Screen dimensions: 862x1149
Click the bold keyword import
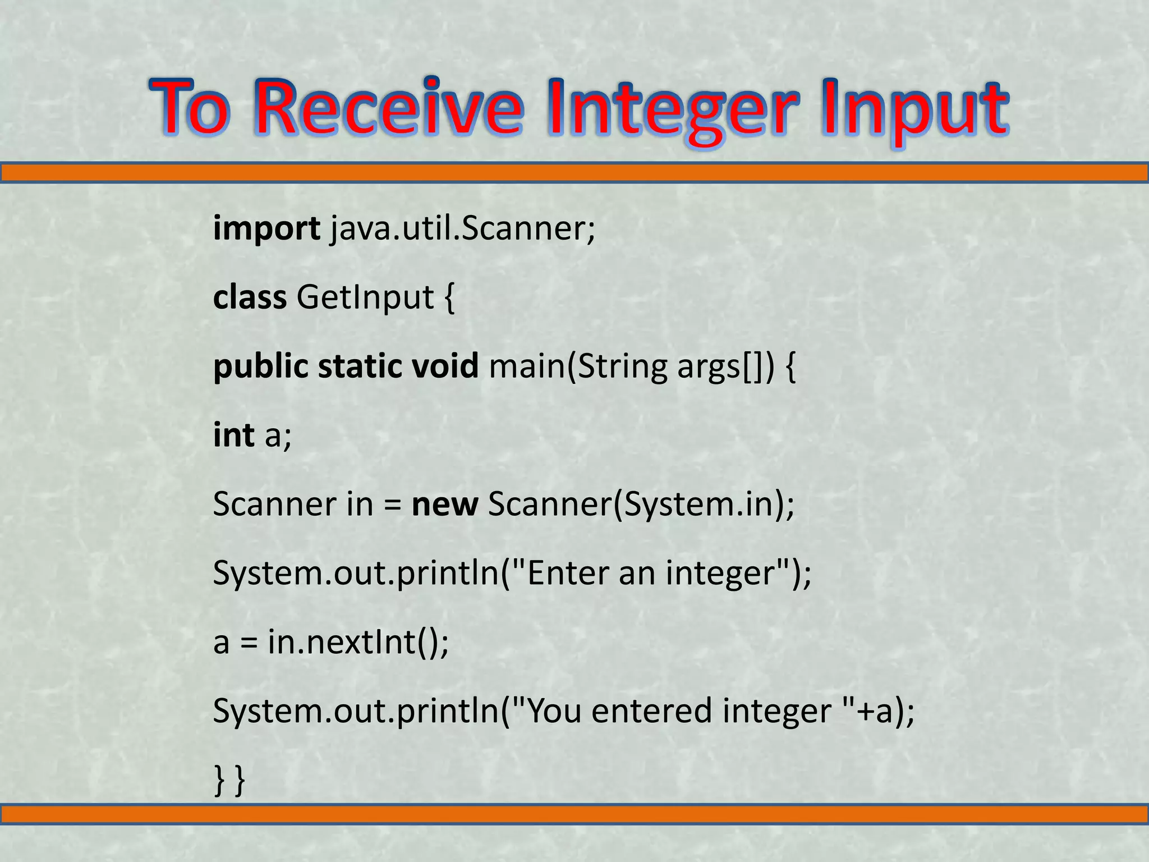[x=266, y=229]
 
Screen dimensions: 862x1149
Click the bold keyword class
[x=250, y=297]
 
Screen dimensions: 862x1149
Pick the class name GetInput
[x=365, y=297]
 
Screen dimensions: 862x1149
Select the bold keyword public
[x=261, y=366]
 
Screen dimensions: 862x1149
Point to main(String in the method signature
[x=578, y=366]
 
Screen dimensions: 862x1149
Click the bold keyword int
[x=233, y=434]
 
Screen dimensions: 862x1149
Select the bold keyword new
[x=444, y=504]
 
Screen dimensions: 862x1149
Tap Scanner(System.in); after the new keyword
[x=641, y=504]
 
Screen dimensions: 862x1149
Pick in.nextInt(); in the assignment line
[x=358, y=641]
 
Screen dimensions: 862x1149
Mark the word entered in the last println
[x=651, y=710]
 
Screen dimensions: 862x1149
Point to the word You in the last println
[x=555, y=710]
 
